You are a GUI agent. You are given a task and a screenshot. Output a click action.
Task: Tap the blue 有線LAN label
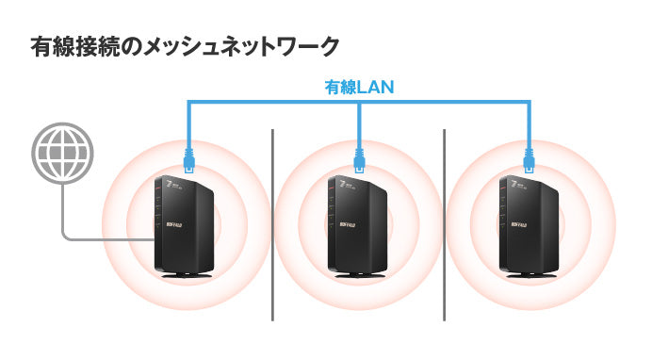pos(359,87)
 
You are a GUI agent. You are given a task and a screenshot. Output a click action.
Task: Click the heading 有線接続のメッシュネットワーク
pos(185,45)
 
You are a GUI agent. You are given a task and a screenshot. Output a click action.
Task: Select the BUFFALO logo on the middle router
pos(340,223)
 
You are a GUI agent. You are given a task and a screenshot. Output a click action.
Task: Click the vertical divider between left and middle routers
pos(272,226)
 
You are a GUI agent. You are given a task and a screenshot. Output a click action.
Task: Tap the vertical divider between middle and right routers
pos(444,226)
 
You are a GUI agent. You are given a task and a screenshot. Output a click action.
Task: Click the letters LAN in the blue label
pos(375,87)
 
